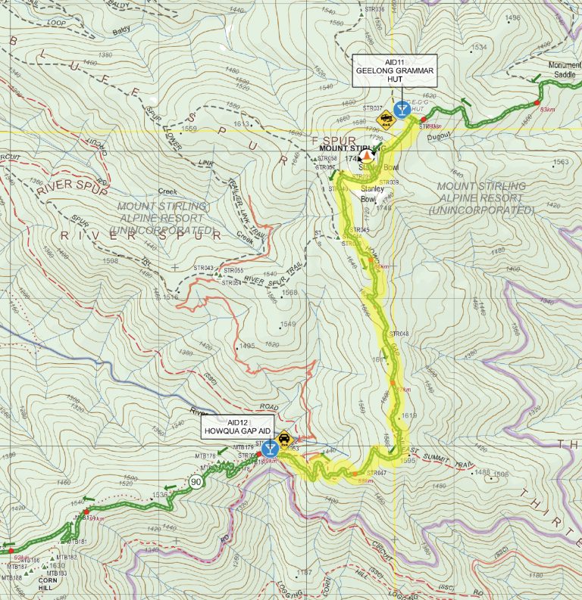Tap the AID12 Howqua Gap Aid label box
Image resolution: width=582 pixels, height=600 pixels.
(238, 427)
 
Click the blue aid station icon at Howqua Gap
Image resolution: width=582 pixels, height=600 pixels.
(268, 447)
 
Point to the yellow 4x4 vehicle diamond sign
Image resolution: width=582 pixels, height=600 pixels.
(386, 117)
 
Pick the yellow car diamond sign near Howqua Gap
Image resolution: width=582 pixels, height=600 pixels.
(283, 439)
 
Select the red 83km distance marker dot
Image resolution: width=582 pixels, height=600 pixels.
(537, 103)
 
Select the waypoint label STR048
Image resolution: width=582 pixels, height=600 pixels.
(399, 334)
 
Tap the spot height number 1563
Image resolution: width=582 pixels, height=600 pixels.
(561, 162)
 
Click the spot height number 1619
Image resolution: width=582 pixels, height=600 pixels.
(410, 416)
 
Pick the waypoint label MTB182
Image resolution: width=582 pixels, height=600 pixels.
(67, 557)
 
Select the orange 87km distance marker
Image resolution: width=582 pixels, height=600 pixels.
(403, 390)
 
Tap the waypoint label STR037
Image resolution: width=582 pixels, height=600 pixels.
(373, 108)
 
